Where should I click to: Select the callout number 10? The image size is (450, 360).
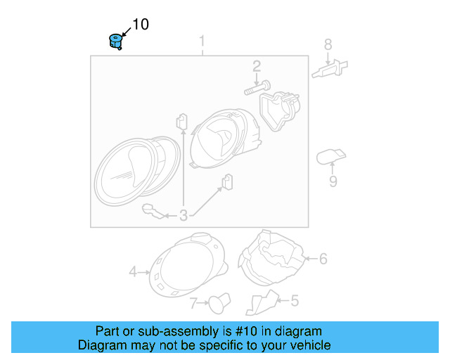click(x=141, y=25)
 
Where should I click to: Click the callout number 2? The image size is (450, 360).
click(x=257, y=66)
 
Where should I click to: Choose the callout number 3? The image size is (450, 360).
click(x=184, y=216)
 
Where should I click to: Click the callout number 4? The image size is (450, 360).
click(x=132, y=271)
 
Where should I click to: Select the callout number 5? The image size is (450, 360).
click(x=295, y=301)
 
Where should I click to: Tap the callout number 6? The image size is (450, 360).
click(x=323, y=259)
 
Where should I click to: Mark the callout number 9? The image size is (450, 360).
click(x=333, y=181)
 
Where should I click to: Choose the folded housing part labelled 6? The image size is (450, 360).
click(x=273, y=257)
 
